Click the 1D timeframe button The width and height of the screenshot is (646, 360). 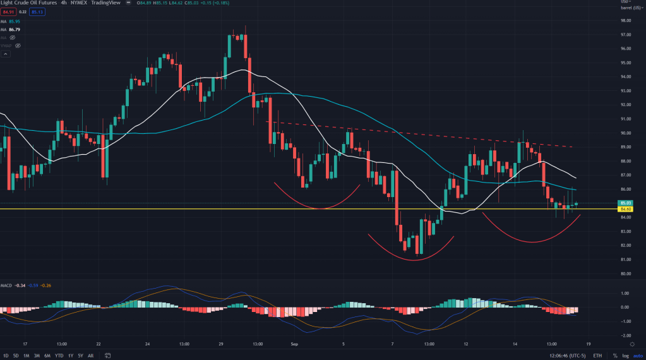coord(6,356)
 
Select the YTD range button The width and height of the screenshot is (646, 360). coord(59,356)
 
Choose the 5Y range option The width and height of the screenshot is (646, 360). coord(80,356)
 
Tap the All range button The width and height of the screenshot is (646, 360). coord(91,356)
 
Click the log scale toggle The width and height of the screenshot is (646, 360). coord(623,356)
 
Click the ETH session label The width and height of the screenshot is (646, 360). coord(597,356)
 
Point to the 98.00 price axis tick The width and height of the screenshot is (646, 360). coord(627,20)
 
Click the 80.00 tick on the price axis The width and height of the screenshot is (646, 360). coord(627,273)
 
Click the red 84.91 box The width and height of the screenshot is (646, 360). coord(8,11)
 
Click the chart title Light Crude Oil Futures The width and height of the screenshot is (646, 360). coord(26,3)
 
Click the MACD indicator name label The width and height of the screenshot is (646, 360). coord(7,285)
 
